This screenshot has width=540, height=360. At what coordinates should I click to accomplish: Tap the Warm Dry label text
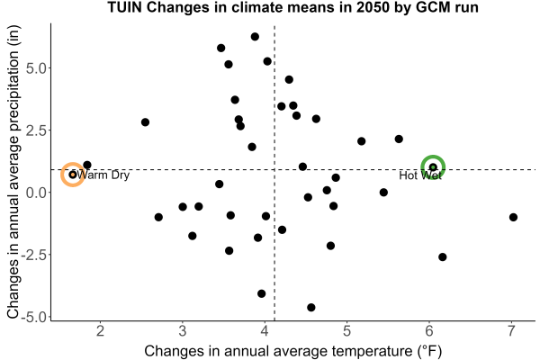103,175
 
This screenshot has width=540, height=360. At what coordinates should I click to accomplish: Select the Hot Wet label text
420,175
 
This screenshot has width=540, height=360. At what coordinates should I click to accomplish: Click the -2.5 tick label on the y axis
34,255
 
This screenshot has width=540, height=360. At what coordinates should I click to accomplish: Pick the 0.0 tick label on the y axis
36,193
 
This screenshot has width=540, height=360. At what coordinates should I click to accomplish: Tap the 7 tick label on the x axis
511,331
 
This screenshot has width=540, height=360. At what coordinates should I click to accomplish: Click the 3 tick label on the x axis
183,331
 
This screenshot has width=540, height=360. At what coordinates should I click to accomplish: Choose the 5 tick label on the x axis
346,331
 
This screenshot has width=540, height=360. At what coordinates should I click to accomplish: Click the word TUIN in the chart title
125,7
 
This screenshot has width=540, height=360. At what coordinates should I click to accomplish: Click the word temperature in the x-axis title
370,351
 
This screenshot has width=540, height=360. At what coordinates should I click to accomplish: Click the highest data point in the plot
255,37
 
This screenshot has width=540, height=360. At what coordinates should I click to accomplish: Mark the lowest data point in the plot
311,307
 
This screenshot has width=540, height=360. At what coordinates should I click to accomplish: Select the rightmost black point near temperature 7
513,217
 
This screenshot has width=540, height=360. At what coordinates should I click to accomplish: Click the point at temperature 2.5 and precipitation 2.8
145,122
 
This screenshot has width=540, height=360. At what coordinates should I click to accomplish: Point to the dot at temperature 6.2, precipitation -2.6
443,257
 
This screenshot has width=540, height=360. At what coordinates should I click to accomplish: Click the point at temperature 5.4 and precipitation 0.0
383,193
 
